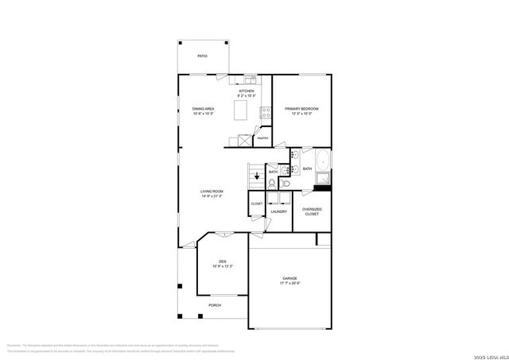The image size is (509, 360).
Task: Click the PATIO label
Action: pos(203,56)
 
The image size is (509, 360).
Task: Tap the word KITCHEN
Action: pos(247,91)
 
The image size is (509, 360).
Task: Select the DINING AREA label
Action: pos(204,108)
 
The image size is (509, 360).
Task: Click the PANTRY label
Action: pos(262,138)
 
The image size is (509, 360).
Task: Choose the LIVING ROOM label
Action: pos(211,191)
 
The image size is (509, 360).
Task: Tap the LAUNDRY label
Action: pos(278,211)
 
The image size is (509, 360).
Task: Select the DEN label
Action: pos(223,261)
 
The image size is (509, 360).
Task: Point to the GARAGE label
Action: pos(289,278)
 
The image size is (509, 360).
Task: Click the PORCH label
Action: pos(215,305)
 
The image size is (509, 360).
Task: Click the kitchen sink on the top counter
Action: pos(250,79)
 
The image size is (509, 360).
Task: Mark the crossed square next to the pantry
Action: pos(235,141)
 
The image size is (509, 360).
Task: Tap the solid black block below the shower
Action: pos(322,188)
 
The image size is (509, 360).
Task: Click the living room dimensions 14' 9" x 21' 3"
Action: pos(211,196)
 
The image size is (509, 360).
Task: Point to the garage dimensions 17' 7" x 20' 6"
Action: pos(289,284)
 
